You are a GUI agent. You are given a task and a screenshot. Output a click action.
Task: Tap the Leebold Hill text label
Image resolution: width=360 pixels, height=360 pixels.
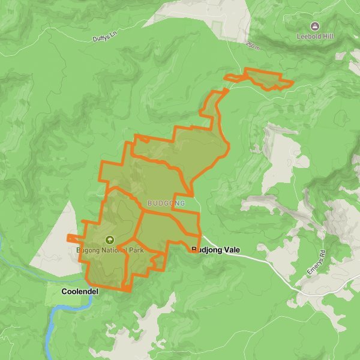coord(314,36)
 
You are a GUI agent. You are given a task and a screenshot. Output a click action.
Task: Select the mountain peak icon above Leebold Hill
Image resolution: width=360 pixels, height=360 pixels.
coord(314,26)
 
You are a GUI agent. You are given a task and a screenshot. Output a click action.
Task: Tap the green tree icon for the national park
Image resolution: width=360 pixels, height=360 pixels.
coord(109,239)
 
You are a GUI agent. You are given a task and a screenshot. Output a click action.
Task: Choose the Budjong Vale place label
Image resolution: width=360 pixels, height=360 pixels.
coord(215,249)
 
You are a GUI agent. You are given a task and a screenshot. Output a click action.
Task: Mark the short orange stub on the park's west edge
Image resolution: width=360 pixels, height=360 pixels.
coord(73,238)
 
